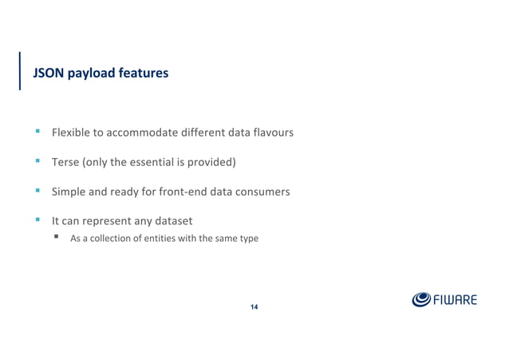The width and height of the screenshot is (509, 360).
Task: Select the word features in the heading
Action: (x=141, y=73)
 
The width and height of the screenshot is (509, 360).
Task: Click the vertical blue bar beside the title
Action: (x=20, y=71)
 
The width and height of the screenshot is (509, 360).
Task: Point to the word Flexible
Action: (x=70, y=132)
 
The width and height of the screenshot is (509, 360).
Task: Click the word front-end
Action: (x=193, y=192)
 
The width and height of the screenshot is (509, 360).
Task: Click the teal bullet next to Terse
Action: (x=37, y=161)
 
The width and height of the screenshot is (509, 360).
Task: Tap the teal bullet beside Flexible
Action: (x=37, y=131)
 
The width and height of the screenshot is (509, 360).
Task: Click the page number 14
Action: (x=254, y=307)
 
